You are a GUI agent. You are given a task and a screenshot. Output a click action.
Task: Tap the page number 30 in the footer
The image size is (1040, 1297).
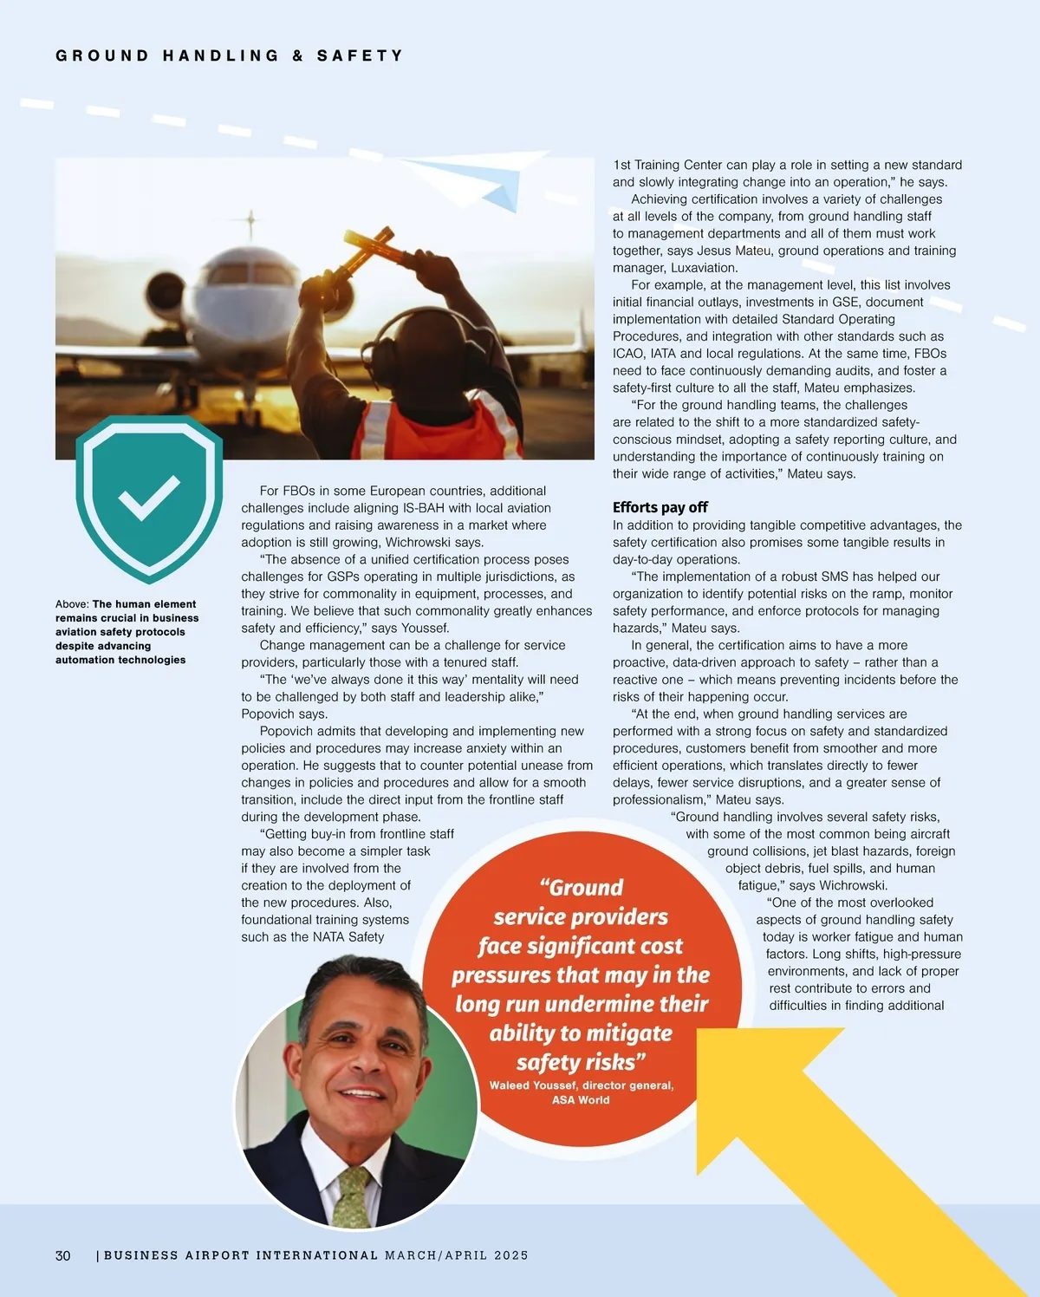click(x=63, y=1255)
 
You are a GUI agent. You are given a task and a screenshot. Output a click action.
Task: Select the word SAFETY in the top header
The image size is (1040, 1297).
click(x=360, y=55)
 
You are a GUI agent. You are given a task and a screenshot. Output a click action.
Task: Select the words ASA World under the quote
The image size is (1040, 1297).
click(x=581, y=1100)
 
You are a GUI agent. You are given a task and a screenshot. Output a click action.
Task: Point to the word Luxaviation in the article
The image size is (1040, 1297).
click(x=704, y=268)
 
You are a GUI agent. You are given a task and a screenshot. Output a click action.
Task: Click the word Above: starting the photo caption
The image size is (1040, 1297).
click(x=72, y=604)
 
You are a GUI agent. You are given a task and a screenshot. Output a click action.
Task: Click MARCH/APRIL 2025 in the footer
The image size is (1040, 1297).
click(x=457, y=1255)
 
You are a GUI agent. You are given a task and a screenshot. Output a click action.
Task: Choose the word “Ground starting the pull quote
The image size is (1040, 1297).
click(x=582, y=888)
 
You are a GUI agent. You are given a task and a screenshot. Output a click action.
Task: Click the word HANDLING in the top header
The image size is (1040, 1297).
click(x=221, y=55)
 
